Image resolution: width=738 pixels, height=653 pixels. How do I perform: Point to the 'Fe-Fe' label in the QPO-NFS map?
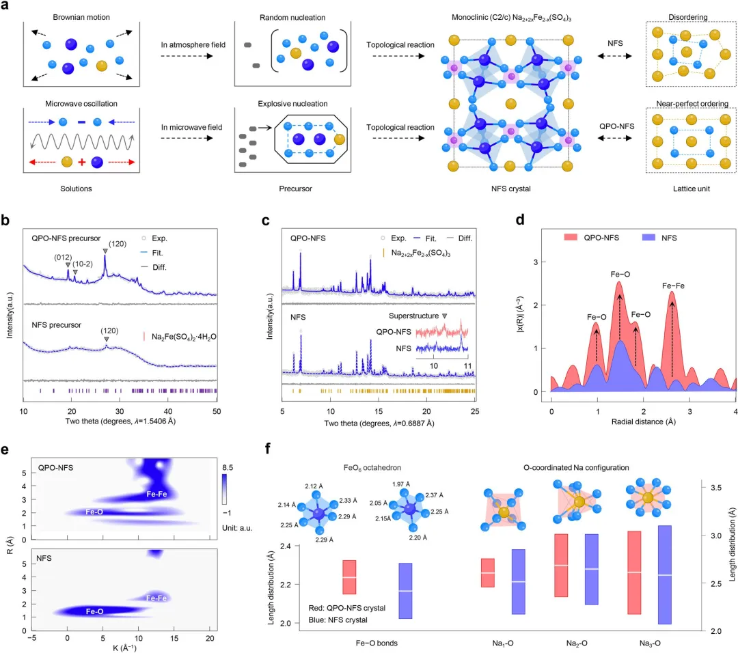pos(157,493)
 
